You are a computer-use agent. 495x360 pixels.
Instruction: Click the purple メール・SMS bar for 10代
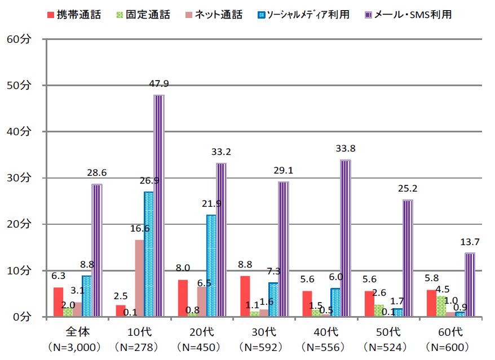pos(159,206)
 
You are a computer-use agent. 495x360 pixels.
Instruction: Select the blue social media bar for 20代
pos(211,266)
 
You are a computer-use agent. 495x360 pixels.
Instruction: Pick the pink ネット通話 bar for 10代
pos(139,278)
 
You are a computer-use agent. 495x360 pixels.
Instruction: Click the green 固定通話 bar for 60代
pos(441,306)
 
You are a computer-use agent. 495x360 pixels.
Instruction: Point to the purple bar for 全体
pos(97,250)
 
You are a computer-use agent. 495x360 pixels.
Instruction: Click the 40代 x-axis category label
pos(326,331)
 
